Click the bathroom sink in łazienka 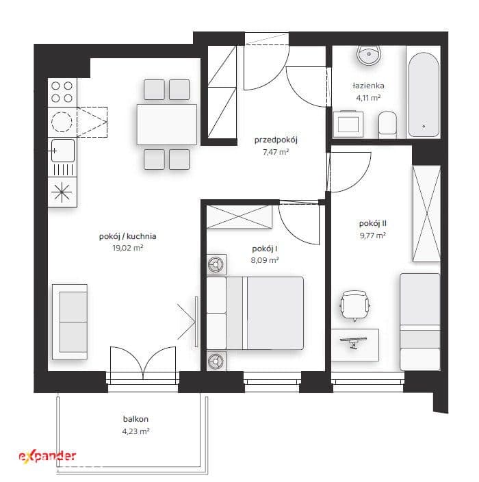tap(369, 55)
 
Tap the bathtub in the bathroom tap(424, 94)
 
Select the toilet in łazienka tap(387, 125)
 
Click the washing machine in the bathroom tap(348, 123)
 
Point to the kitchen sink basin tap(63, 151)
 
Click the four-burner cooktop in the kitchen tap(62, 92)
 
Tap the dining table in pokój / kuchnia tap(167, 124)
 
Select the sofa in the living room tap(70, 322)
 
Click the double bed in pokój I tap(255, 313)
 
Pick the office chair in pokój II tap(355, 305)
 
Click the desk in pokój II tap(355, 344)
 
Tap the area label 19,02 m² tap(128, 248)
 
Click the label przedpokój tap(276, 140)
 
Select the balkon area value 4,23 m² tap(135, 431)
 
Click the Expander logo tap(47, 455)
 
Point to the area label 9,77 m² tap(373, 236)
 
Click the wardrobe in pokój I tap(239, 217)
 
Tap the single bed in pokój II tap(420, 322)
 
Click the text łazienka tap(368, 86)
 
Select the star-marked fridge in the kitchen tap(62, 192)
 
